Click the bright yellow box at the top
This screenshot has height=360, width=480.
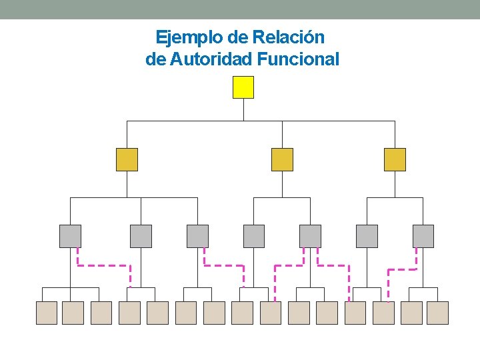[x=243, y=87]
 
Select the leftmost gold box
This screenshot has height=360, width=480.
[x=127, y=160]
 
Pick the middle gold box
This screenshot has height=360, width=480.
[x=282, y=160]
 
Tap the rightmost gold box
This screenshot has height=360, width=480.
[x=395, y=160]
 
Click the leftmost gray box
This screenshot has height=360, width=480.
[x=70, y=236]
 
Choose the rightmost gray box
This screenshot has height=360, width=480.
[x=423, y=236]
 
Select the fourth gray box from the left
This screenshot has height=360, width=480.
[x=254, y=236]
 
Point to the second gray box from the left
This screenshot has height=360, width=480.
[x=141, y=236]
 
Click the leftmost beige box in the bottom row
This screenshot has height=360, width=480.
[x=46, y=313]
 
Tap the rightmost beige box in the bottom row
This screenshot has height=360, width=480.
[x=437, y=313]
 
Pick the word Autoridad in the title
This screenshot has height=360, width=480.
[x=210, y=59]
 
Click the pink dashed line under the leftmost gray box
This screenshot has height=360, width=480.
[x=103, y=265]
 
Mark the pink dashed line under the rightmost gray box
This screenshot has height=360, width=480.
[x=402, y=270]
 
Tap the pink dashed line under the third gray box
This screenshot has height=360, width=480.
[x=224, y=265]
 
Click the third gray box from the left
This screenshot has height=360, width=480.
[x=197, y=236]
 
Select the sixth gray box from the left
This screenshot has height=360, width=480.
[x=367, y=236]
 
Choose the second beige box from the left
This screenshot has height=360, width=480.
[x=73, y=313]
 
